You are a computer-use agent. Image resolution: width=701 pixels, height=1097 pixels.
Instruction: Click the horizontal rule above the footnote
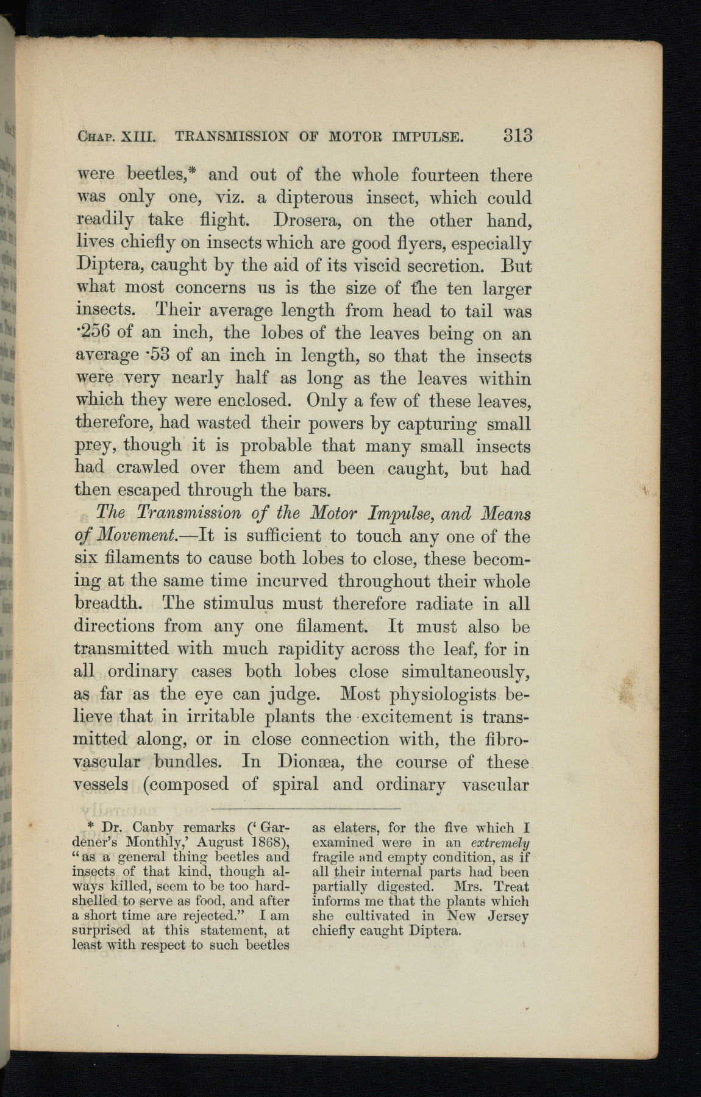tap(303, 809)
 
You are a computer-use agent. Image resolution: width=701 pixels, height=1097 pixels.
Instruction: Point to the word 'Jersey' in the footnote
tap(508, 916)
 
